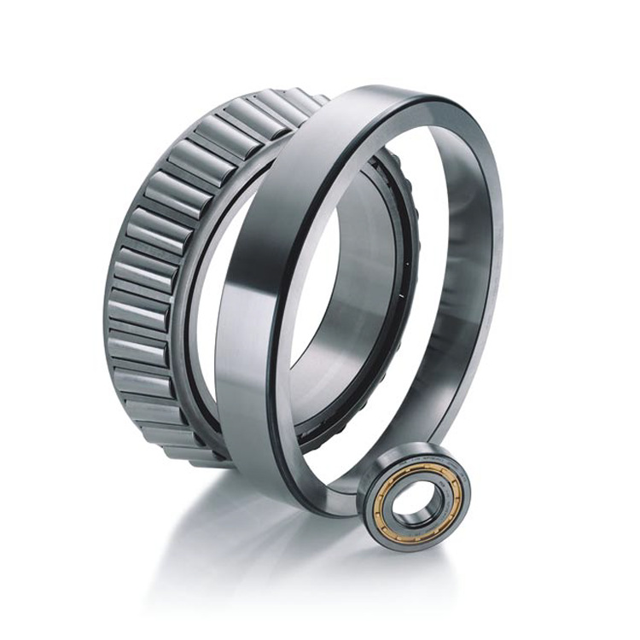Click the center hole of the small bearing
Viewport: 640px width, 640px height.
point(414,497)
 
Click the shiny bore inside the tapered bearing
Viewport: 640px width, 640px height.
point(341,324)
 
